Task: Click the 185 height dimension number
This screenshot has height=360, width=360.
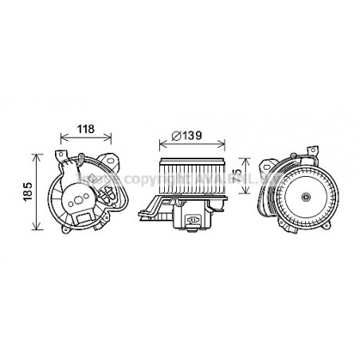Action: pyautogui.click(x=25, y=190)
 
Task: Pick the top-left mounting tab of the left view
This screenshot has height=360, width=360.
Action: pyautogui.click(x=60, y=153)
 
